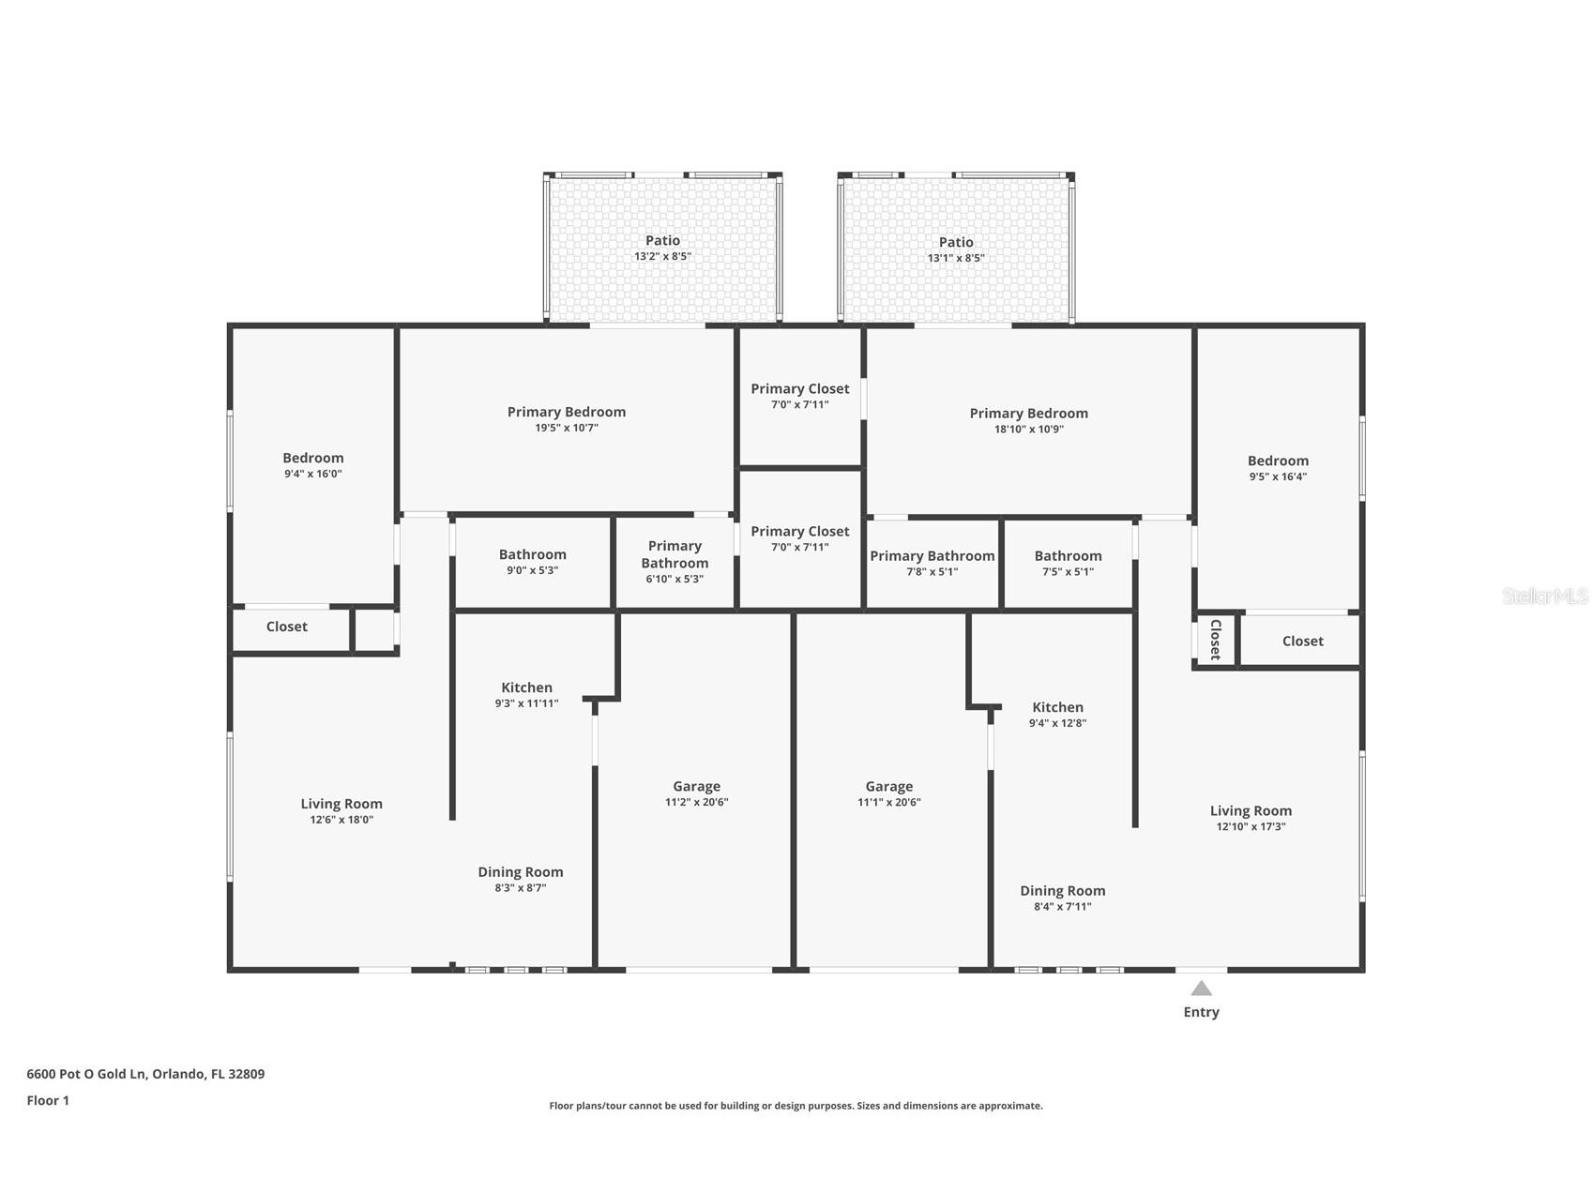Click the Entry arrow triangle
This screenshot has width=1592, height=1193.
pos(1201,989)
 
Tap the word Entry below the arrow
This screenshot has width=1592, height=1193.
pos(1201,1012)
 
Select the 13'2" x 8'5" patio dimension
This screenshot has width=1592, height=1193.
pos(662,256)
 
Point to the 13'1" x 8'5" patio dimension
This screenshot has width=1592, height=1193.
pos(956,258)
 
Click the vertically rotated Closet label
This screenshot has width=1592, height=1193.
pos(1215,640)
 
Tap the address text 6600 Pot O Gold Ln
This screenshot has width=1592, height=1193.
pos(85,1074)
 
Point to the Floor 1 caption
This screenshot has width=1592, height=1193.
pos(48,1100)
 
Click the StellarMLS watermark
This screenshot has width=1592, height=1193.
pos(1545,596)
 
